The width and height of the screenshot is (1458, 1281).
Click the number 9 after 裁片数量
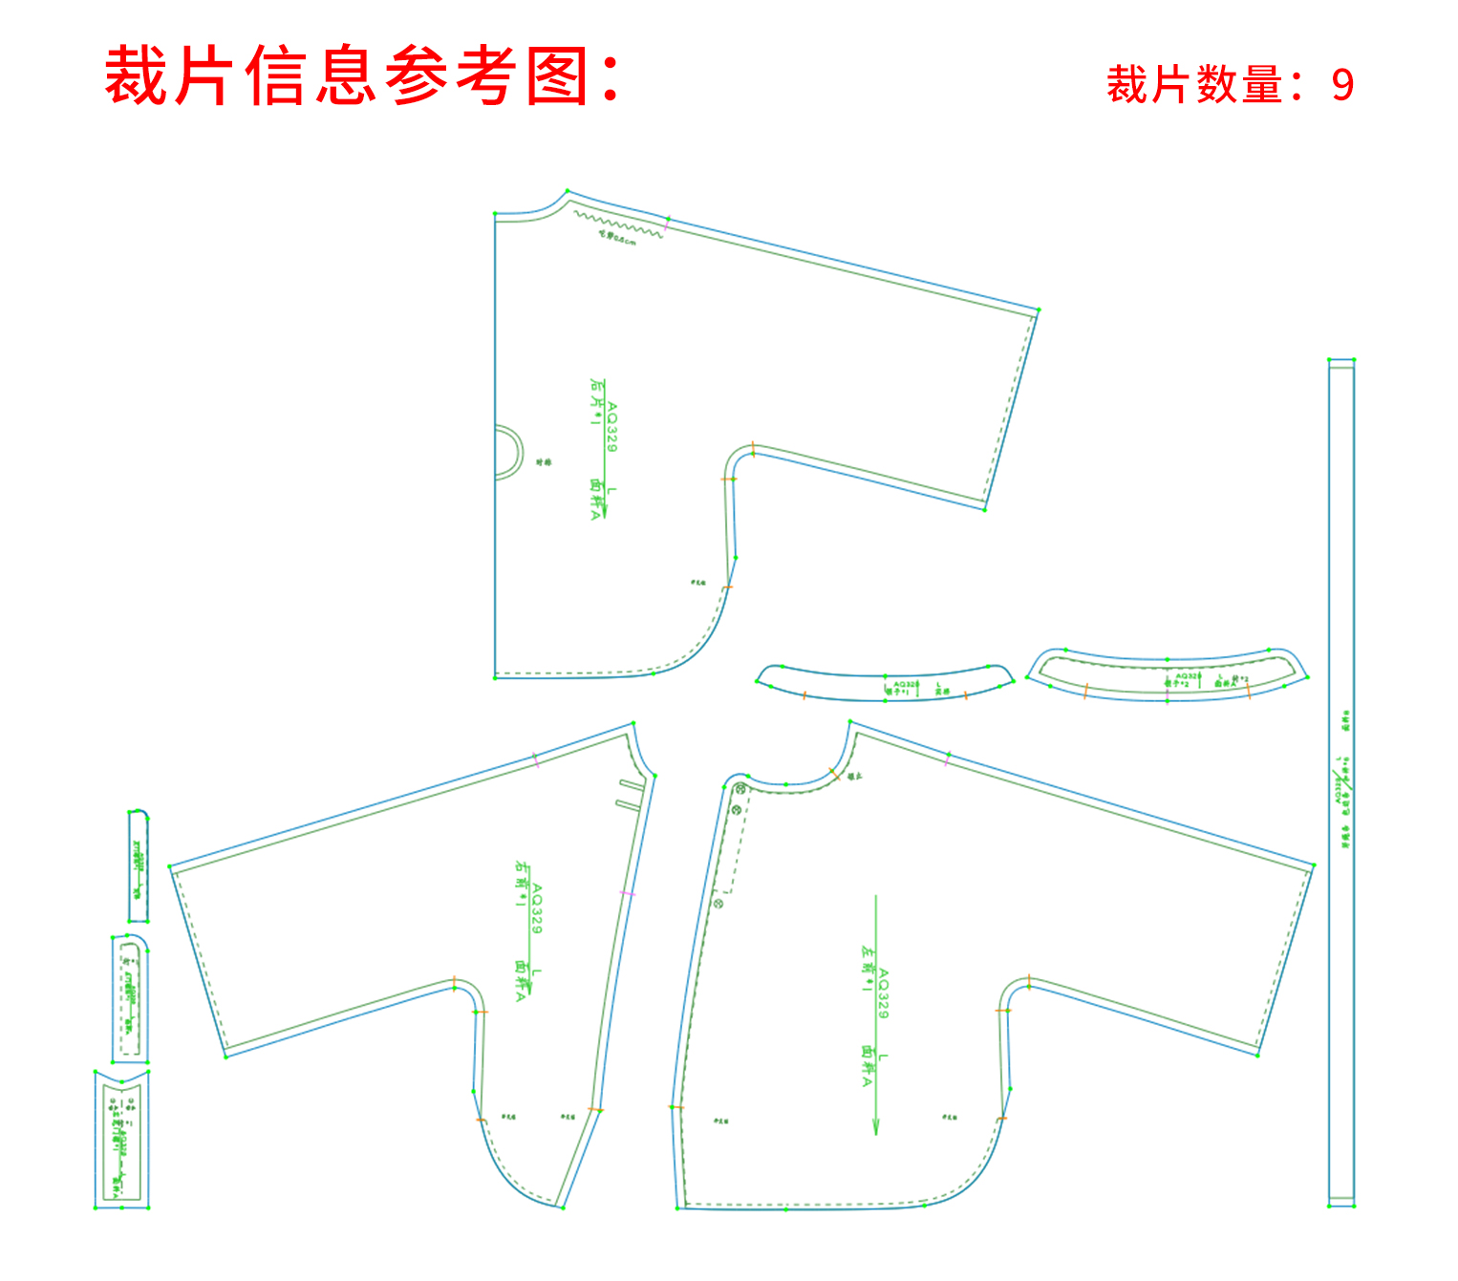point(1342,85)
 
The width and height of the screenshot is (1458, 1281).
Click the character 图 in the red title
point(557,75)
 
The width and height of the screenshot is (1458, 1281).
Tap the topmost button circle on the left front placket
point(740,789)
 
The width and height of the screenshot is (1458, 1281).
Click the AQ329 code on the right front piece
point(537,908)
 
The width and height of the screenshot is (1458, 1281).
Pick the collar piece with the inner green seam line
point(1168,675)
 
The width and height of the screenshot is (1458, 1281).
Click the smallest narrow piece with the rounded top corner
point(139,865)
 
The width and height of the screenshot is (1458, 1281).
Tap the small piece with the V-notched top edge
point(122,1141)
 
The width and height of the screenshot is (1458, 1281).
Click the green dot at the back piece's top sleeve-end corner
point(1039,310)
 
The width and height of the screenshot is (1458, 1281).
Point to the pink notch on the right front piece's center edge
point(627,893)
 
